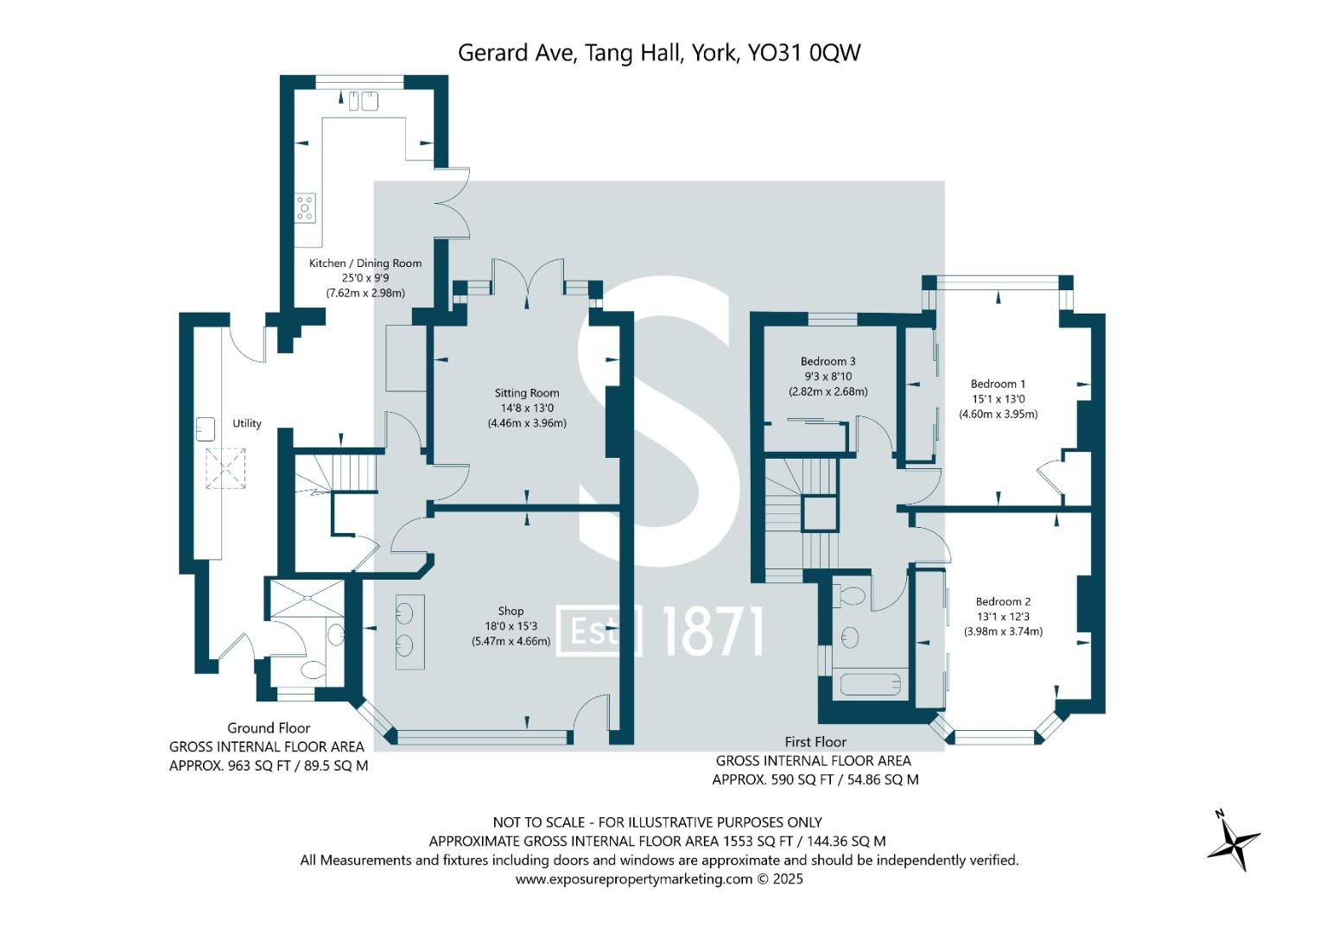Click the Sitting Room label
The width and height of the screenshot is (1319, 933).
[526, 393]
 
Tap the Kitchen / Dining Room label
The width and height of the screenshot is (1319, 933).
[365, 263]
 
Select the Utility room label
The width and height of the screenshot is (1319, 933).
[247, 423]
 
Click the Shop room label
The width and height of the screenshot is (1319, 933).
[510, 612]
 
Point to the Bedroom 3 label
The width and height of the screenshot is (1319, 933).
[828, 361]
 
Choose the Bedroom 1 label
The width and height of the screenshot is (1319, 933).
[998, 384]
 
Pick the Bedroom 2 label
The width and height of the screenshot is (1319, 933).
[1003, 601]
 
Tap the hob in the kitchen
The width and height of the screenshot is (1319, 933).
[305, 208]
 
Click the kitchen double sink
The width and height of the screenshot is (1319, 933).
[364, 101]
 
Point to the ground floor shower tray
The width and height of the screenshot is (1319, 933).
[307, 598]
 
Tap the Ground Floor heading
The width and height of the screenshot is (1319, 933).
[269, 728]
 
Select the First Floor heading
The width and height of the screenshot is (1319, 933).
[815, 742]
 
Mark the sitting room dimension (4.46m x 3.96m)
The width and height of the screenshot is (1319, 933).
[526, 423]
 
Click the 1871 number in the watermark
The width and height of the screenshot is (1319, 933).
[713, 631]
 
